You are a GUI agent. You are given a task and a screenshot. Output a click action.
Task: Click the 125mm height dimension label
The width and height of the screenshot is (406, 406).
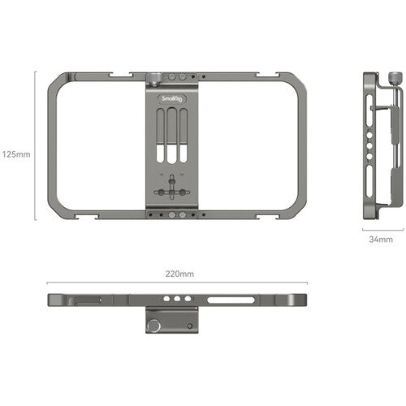(15, 153)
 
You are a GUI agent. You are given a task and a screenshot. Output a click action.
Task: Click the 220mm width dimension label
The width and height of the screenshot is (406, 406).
(179, 274)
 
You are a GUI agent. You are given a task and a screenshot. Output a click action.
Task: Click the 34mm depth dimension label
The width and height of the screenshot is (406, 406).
(379, 240)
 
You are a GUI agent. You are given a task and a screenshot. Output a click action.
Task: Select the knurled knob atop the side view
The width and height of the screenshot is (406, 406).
(394, 79)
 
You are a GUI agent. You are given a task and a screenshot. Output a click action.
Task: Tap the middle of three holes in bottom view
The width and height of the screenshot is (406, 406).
(173, 300)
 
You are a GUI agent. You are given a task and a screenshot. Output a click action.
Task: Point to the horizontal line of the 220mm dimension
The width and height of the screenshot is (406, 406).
(179, 283)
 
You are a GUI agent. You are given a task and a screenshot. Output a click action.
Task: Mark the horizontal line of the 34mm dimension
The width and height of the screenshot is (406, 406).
(379, 230)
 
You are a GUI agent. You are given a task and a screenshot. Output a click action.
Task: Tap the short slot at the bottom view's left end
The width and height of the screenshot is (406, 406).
(89, 300)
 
